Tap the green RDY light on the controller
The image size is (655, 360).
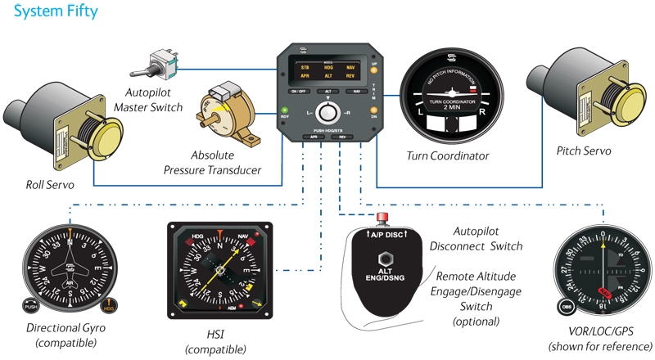(x=284, y=110)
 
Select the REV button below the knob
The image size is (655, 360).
(x=344, y=137)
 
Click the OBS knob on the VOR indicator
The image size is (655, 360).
(x=567, y=308)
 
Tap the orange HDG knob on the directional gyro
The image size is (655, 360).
(x=111, y=308)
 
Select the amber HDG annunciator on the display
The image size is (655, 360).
(x=329, y=65)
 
